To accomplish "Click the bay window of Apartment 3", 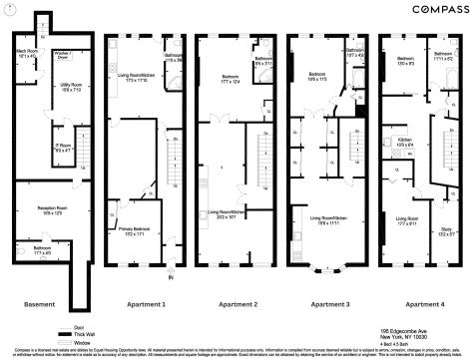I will (x=325, y=270).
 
